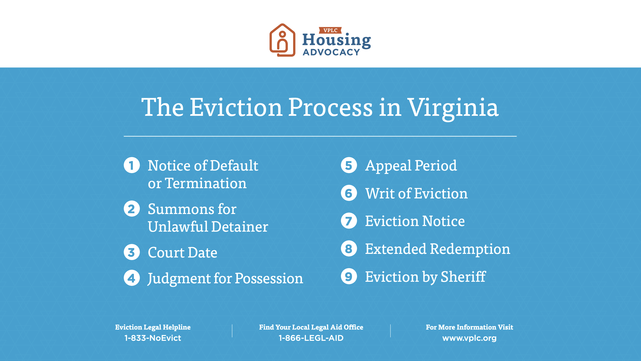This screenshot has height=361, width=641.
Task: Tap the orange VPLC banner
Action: point(330,30)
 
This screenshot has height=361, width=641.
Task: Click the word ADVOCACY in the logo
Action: point(332,52)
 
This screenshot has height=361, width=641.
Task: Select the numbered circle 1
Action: point(132,165)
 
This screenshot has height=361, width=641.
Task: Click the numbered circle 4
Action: point(132,278)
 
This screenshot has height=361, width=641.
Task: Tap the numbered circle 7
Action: point(349,221)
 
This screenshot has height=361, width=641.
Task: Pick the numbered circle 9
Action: point(349,276)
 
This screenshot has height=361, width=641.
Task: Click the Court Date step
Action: point(183,253)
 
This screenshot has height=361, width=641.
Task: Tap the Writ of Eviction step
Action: point(416,194)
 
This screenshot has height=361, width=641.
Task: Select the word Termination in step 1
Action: point(206,183)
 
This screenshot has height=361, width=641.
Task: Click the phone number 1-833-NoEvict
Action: point(153,338)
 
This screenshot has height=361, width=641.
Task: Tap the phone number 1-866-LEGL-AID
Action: point(311,338)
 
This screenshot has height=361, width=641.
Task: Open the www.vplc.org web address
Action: point(469,338)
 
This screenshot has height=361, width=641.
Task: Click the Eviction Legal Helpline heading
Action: point(153,327)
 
